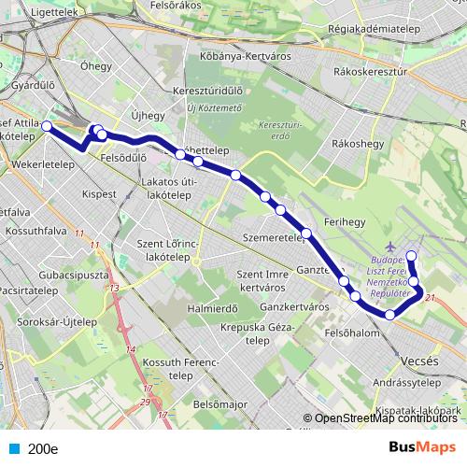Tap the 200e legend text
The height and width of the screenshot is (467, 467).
(x=43, y=447)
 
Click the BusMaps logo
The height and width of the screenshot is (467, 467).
(x=420, y=447)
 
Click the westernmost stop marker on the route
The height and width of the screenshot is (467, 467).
(x=46, y=125)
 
